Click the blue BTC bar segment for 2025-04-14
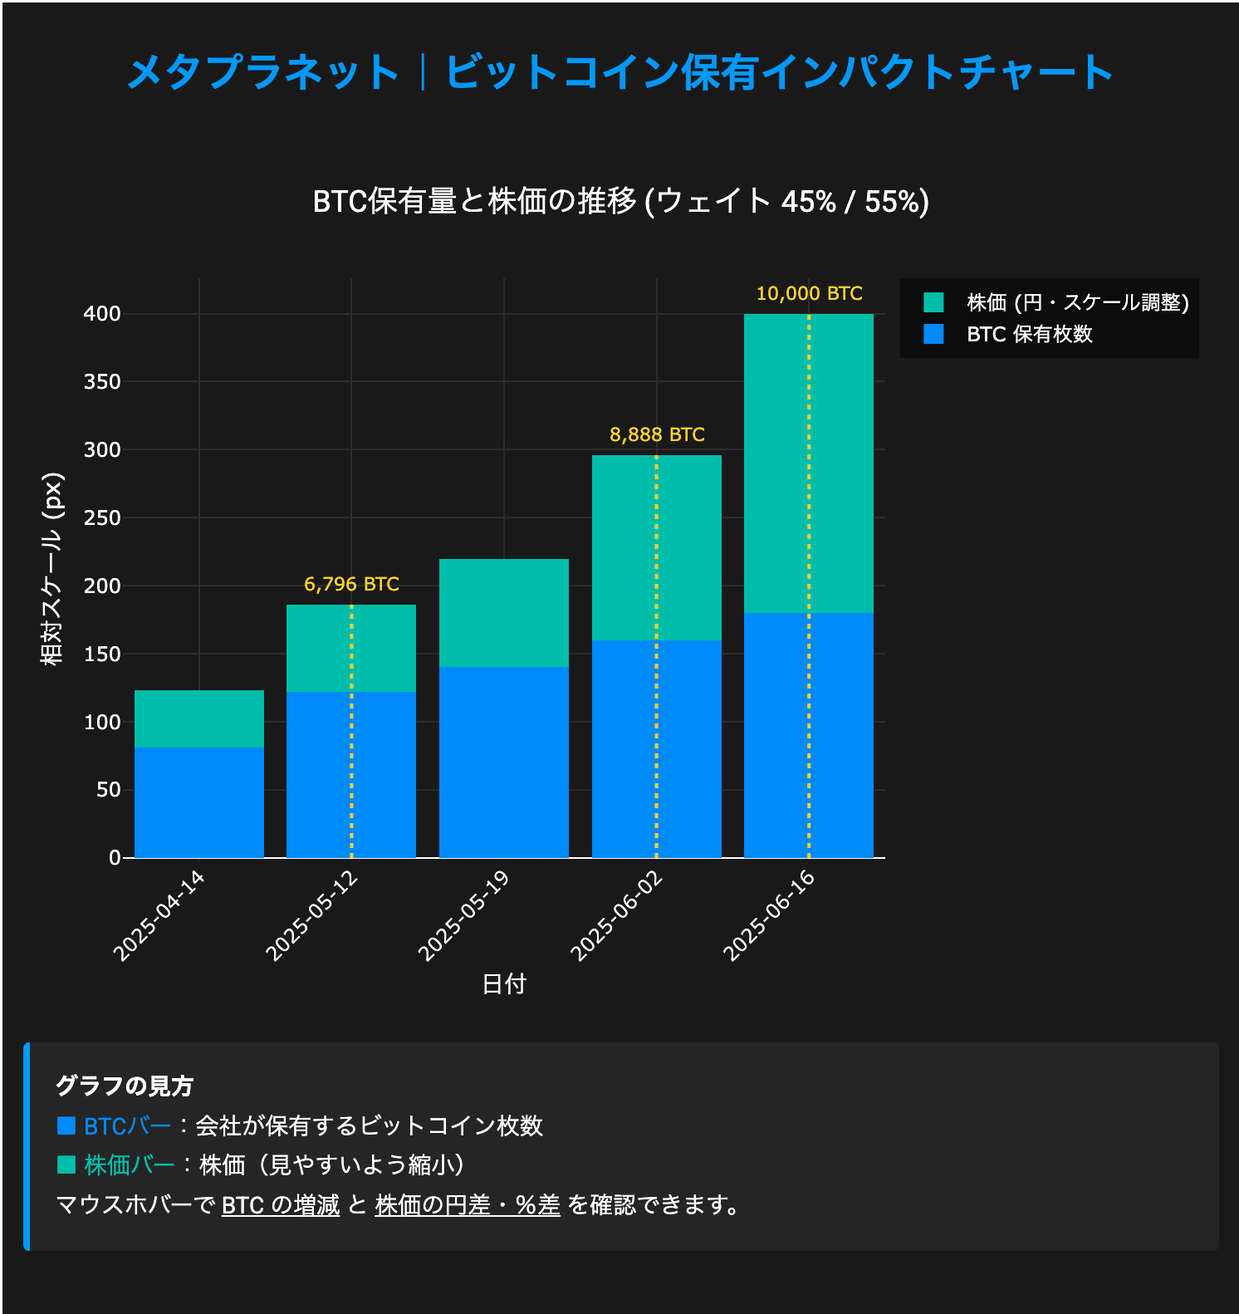click(199, 802)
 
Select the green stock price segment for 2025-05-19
click(504, 613)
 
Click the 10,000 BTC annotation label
click(809, 293)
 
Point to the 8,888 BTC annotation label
click(657, 434)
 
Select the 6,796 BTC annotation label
click(351, 584)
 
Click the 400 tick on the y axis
click(102, 314)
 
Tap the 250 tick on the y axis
click(102, 517)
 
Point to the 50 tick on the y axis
click(108, 790)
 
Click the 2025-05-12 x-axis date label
click(311, 915)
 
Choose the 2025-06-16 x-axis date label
click(769, 915)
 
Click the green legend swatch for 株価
click(933, 302)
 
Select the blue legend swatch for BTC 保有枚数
click(933, 334)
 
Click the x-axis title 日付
click(504, 984)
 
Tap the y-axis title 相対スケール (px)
click(52, 569)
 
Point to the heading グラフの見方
click(125, 1086)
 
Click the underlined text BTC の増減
click(281, 1204)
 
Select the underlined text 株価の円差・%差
click(468, 1204)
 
